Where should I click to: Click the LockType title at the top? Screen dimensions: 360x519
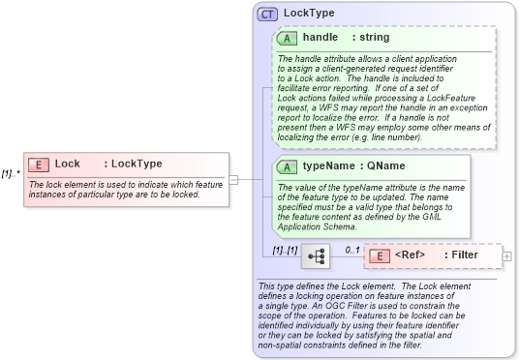tap(310, 15)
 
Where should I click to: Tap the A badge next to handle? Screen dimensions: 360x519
tap(287, 38)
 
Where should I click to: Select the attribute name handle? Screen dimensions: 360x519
tap(320, 38)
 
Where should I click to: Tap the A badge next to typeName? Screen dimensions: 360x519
tap(287, 166)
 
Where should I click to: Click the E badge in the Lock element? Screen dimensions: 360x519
tap(42, 164)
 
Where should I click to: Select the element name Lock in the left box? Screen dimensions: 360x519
tap(68, 164)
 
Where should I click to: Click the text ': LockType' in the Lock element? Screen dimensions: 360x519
tap(133, 164)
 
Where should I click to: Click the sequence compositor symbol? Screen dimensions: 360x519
tap(315, 256)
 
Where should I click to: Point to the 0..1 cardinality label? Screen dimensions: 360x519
tap(352, 249)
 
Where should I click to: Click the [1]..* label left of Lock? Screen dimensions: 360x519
tap(11, 174)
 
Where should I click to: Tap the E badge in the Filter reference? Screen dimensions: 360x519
tap(380, 255)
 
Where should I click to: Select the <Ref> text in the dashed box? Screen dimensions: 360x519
tap(411, 255)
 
